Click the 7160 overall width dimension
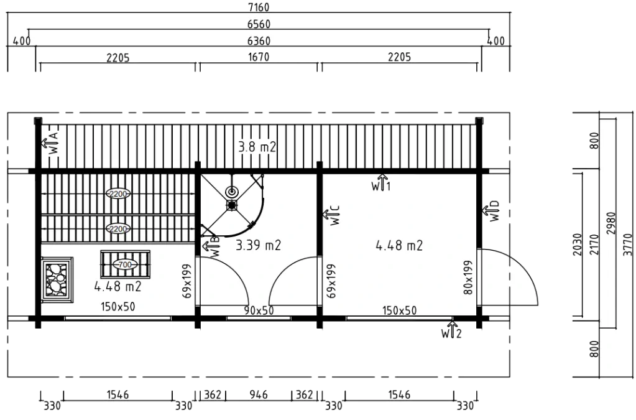[x=259, y=7]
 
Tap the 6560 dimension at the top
[x=259, y=24]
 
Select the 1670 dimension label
[x=259, y=57]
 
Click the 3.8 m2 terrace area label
[x=257, y=146]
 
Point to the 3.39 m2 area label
[x=259, y=245]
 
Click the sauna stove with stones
[x=57, y=279]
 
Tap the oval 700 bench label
[x=125, y=264]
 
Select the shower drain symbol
[x=232, y=205]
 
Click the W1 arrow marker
[x=381, y=182]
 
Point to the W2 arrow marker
[x=451, y=330]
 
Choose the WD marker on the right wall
[x=491, y=211]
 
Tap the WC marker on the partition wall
[x=331, y=215]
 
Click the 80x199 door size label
[x=468, y=278]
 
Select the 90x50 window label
[x=259, y=310]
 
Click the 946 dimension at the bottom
[x=259, y=394]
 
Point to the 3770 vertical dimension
[x=627, y=245]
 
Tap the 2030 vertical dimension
[x=577, y=245]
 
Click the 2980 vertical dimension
[x=611, y=223]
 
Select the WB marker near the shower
[x=211, y=246]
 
